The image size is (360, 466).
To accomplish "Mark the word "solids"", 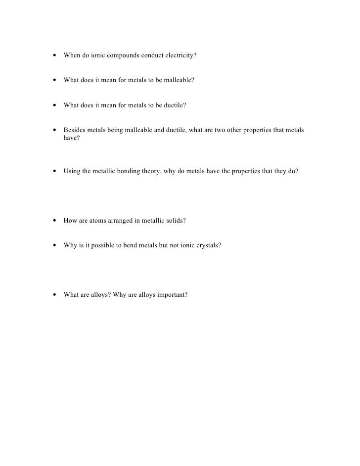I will [x=175, y=221].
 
